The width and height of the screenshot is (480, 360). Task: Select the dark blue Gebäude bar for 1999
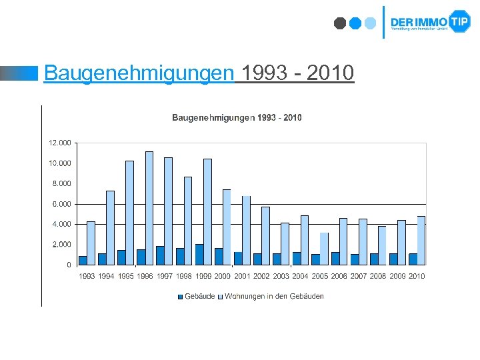[199, 255]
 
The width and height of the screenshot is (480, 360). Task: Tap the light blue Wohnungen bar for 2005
[324, 249]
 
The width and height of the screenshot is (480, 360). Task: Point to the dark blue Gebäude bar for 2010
[413, 259]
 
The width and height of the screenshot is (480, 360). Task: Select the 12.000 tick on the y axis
[59, 143]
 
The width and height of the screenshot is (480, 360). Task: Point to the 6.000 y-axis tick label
[61, 204]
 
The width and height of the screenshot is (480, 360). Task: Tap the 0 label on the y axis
[69, 265]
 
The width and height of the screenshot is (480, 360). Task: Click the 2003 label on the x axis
[281, 276]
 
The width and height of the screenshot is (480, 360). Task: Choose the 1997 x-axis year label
[164, 276]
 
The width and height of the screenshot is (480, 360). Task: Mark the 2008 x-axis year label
[378, 276]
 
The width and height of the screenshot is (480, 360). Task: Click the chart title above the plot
[237, 118]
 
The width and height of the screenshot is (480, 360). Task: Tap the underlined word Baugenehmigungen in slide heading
[139, 72]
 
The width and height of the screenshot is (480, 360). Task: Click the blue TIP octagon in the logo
[459, 21]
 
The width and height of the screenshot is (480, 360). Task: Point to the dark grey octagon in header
[340, 23]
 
